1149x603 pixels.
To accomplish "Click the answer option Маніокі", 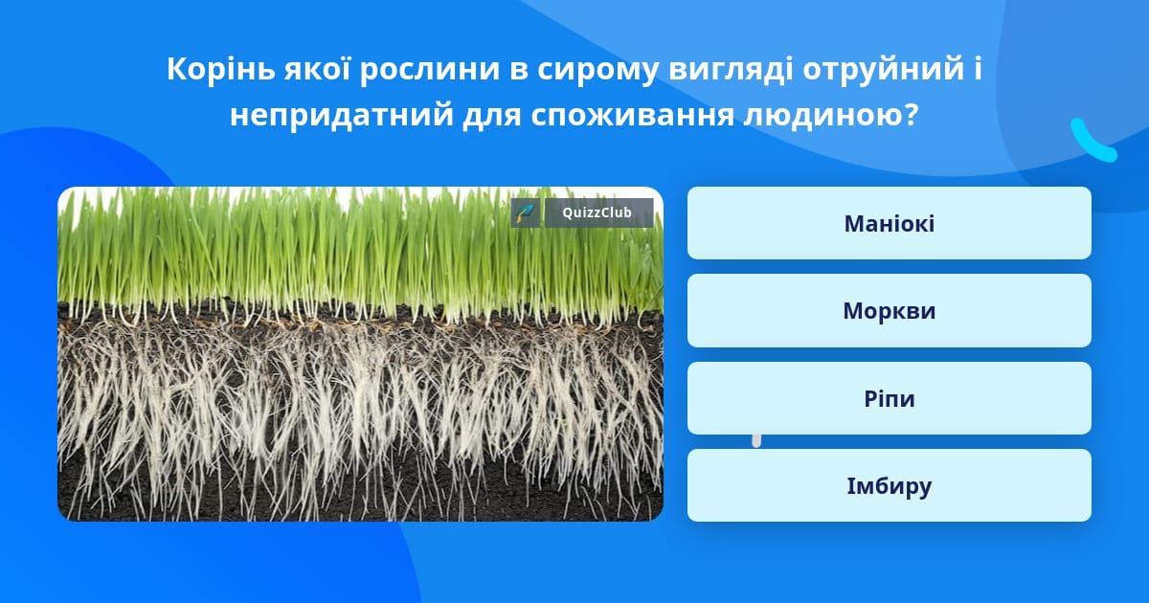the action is (889, 223).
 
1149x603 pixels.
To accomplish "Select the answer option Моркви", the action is (889, 311).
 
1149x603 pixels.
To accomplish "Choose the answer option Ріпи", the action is (889, 398).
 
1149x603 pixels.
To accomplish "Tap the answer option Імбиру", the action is (889, 485).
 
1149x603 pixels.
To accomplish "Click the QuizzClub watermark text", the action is (597, 212).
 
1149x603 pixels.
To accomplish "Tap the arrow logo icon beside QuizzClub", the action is (526, 212).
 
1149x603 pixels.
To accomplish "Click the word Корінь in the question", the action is (221, 69).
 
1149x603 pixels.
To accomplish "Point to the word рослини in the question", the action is (429, 70).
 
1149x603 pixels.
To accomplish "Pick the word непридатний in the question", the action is (342, 115).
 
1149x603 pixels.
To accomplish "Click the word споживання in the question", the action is (632, 117).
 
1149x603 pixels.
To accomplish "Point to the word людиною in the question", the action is (823, 116).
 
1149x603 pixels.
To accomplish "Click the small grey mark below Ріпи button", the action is (756, 441).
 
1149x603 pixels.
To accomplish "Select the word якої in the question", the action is (318, 69).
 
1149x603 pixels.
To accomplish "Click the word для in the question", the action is (492, 117).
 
